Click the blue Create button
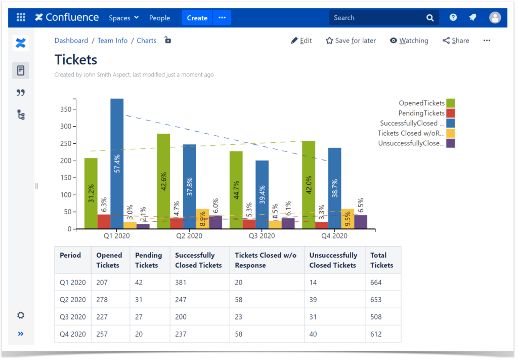click(x=197, y=18)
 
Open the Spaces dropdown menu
click(x=123, y=18)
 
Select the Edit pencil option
click(x=301, y=41)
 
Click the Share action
click(x=456, y=41)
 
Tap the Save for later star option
click(x=351, y=41)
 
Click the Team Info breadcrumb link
click(x=112, y=41)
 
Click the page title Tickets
click(x=76, y=59)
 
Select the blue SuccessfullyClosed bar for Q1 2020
click(x=117, y=127)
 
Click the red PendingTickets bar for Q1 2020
click(x=104, y=222)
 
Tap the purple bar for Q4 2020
click(x=361, y=222)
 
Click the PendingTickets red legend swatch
click(x=450, y=113)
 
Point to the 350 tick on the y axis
click(x=65, y=109)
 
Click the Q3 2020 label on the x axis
click(x=262, y=236)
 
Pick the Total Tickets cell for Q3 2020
click(x=376, y=317)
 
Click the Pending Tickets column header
click(x=149, y=260)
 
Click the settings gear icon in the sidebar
click(x=21, y=315)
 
